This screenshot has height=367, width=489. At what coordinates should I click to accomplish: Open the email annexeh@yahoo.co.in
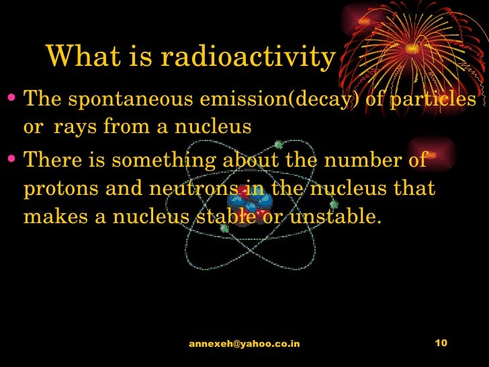[244, 343]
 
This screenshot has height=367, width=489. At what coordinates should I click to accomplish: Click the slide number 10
[441, 343]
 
